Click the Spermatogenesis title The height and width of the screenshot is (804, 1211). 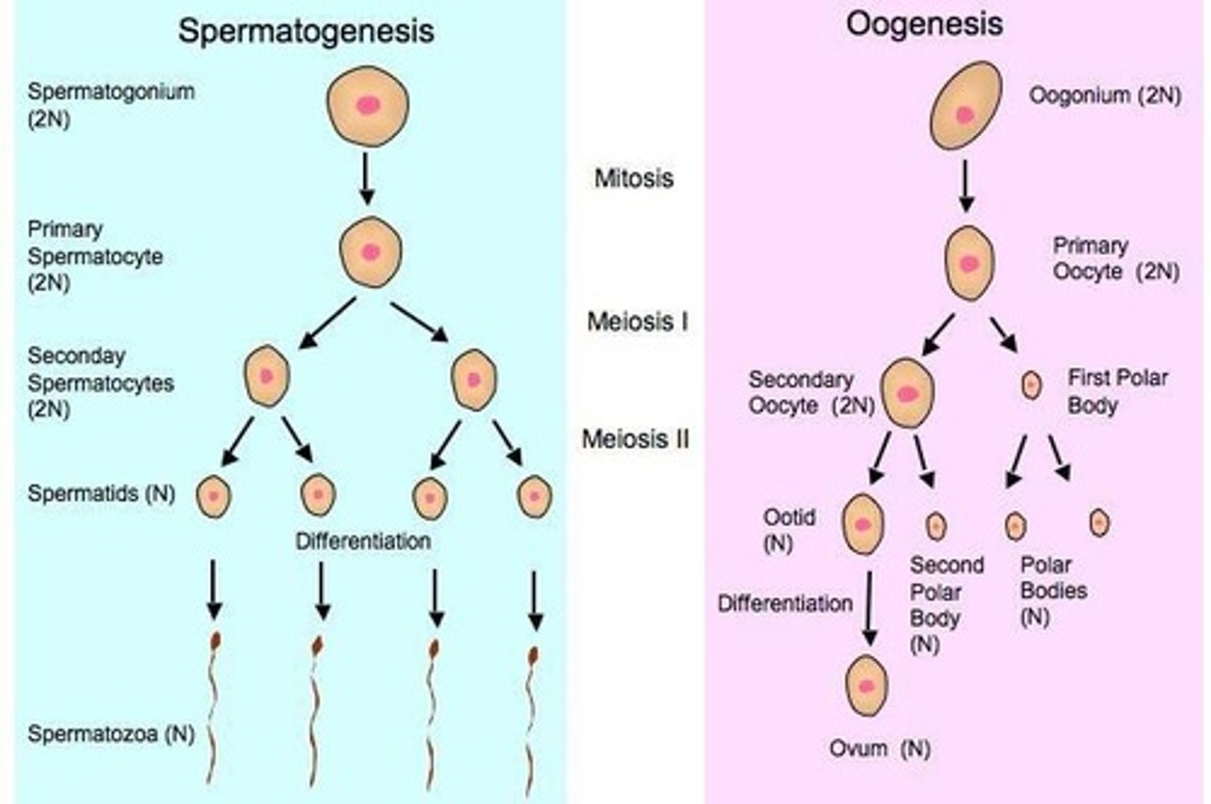pyautogui.click(x=306, y=31)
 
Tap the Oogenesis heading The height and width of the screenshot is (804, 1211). pyautogui.click(x=923, y=24)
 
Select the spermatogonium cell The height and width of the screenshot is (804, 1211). pyautogui.click(x=368, y=105)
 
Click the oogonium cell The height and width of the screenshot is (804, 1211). pyautogui.click(x=965, y=106)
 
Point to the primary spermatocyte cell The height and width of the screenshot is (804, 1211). pyautogui.click(x=371, y=251)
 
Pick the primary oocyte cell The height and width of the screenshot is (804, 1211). pyautogui.click(x=969, y=263)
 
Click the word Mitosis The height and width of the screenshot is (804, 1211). pyautogui.click(x=633, y=178)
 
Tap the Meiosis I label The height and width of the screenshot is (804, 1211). pyautogui.click(x=637, y=321)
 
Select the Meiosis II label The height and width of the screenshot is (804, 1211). pyautogui.click(x=636, y=438)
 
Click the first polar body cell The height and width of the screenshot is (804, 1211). pyautogui.click(x=1030, y=386)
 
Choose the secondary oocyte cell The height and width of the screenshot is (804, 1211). pyautogui.click(x=907, y=394)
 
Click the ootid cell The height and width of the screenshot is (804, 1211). pyautogui.click(x=863, y=524)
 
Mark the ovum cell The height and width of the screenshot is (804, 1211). pyautogui.click(x=867, y=685)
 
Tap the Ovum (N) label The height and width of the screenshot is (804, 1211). pyautogui.click(x=880, y=748)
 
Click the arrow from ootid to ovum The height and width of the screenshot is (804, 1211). pyautogui.click(x=870, y=609)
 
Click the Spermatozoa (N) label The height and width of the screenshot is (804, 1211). pyautogui.click(x=111, y=733)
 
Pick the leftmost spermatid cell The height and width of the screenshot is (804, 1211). pyautogui.click(x=214, y=496)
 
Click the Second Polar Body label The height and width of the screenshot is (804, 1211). pyautogui.click(x=945, y=591)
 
